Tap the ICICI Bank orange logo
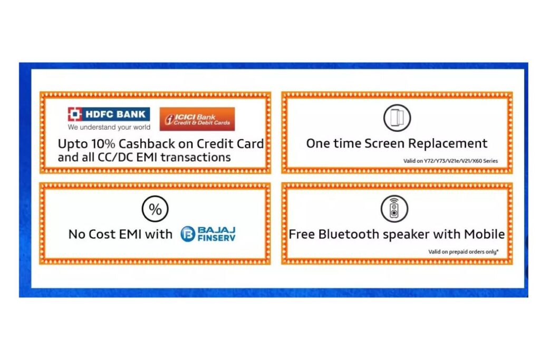tap(197, 119)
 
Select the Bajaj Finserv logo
tap(208, 234)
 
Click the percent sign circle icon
tap(155, 209)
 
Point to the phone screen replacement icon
tap(397, 118)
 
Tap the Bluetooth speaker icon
tap(394, 209)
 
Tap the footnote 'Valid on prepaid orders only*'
tap(463, 252)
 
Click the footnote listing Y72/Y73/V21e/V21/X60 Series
tap(450, 161)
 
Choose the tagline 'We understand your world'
tap(109, 128)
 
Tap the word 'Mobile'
tap(484, 234)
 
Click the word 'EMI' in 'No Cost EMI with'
tap(130, 235)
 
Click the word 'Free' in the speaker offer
tap(302, 234)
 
